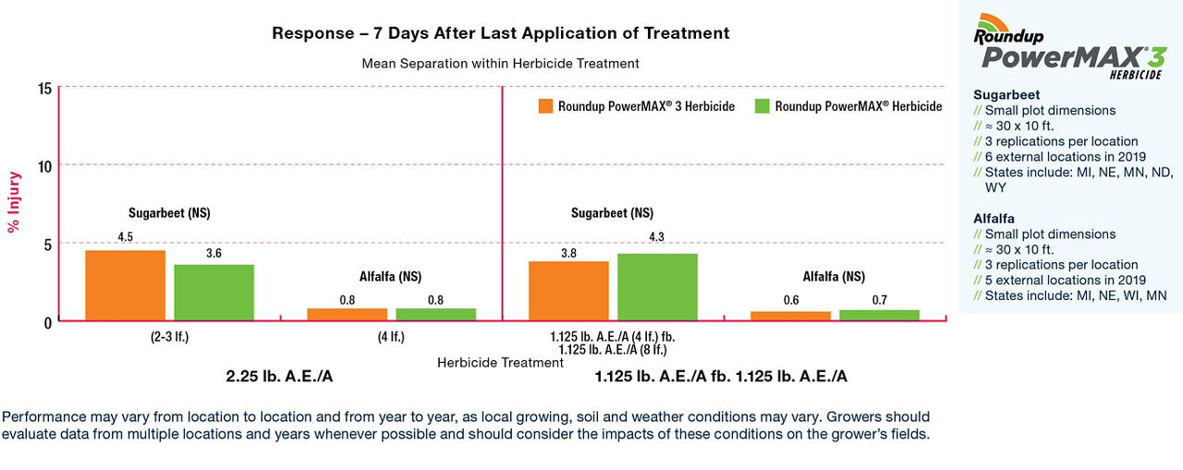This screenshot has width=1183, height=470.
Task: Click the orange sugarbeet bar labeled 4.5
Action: click(125, 285)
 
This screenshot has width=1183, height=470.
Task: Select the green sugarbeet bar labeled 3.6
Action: click(213, 293)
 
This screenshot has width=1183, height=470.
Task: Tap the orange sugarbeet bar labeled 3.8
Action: click(568, 291)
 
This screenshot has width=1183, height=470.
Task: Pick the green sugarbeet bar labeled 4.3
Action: click(657, 287)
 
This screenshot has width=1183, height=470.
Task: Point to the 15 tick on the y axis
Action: click(44, 88)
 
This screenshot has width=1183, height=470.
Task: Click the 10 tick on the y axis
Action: click(44, 165)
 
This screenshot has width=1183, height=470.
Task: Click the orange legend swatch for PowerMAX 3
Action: click(545, 106)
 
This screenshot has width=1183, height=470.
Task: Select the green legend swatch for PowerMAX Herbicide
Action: click(762, 106)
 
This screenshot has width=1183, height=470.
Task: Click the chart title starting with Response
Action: click(500, 33)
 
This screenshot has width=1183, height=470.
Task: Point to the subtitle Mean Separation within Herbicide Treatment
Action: click(500, 64)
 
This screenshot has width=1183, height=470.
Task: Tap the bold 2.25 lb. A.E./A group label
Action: click(280, 377)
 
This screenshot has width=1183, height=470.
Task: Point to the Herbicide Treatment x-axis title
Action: click(500, 363)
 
